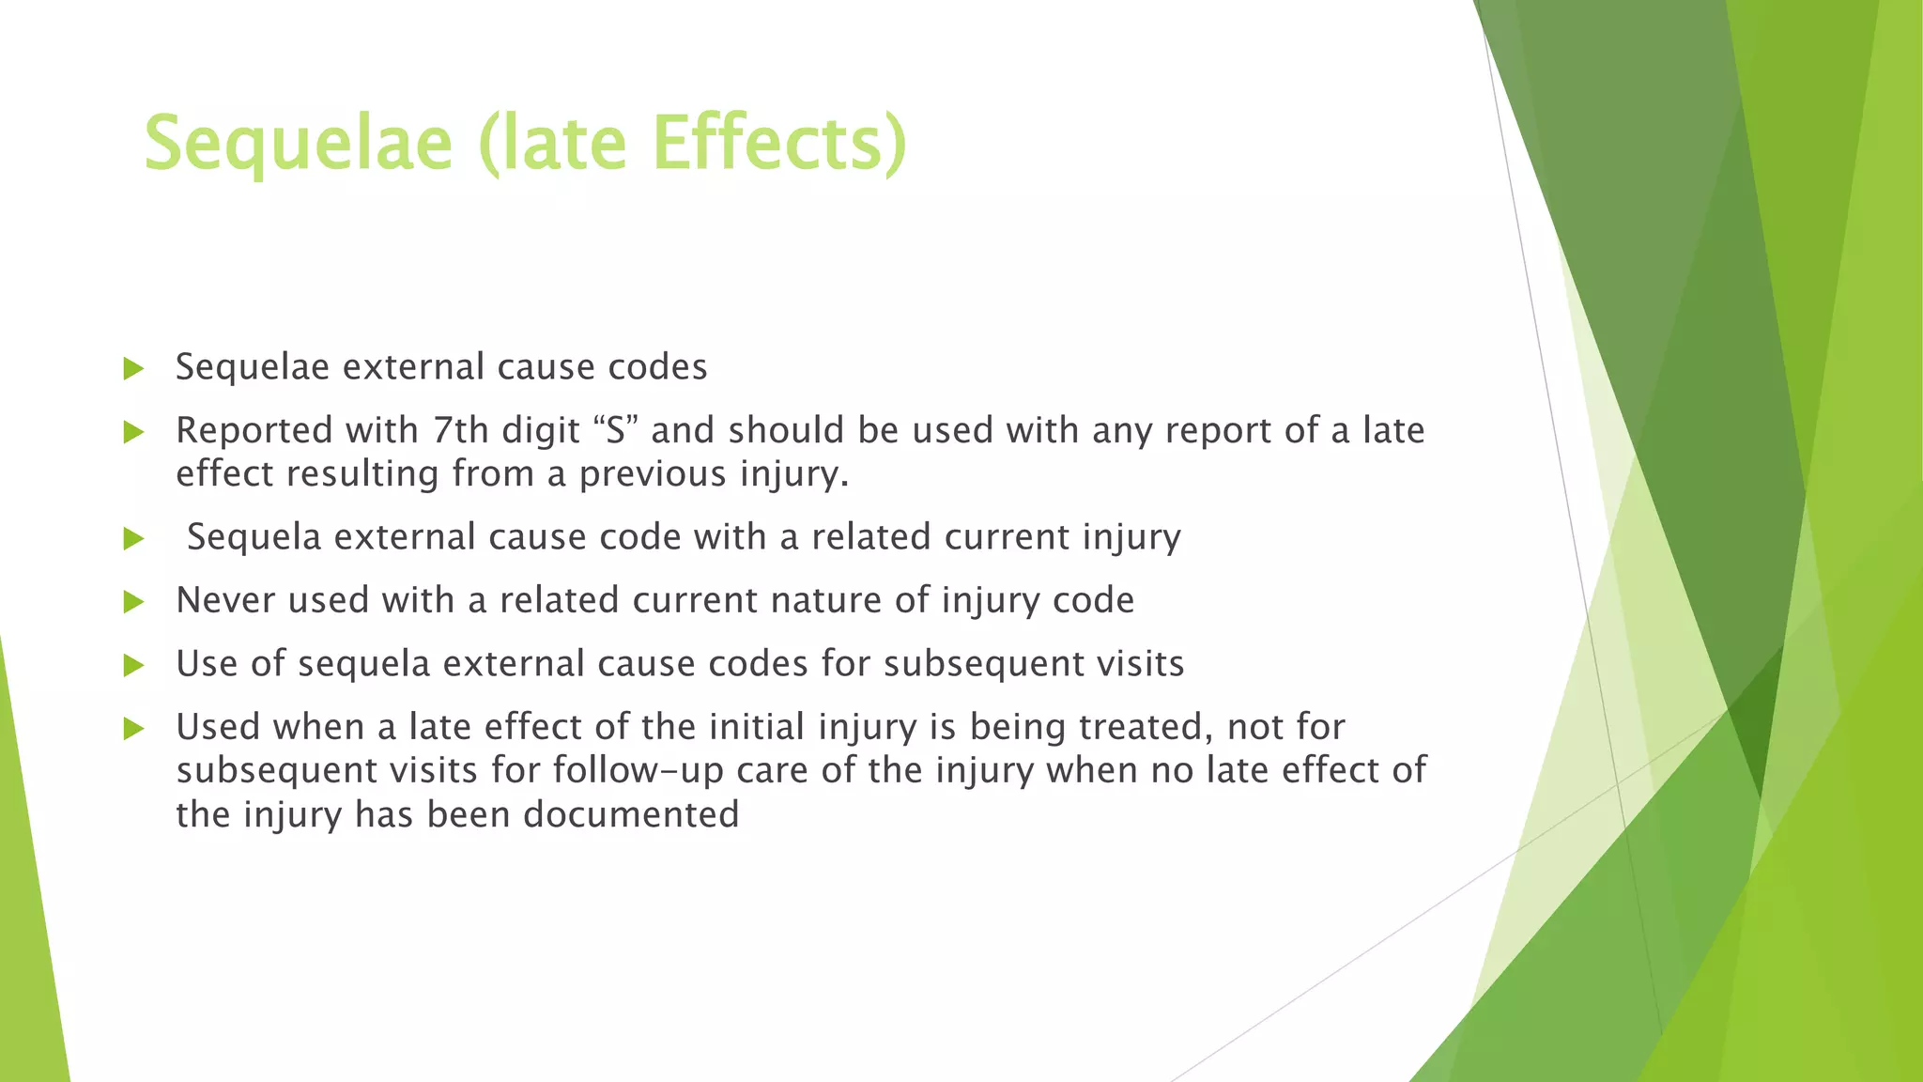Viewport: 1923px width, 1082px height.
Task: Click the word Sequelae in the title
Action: click(x=298, y=144)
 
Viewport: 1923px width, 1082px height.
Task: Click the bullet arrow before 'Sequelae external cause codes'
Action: click(x=133, y=368)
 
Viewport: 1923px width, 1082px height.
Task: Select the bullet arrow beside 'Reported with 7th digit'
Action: click(x=133, y=432)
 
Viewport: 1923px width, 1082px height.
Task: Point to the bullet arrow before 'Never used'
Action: click(x=133, y=602)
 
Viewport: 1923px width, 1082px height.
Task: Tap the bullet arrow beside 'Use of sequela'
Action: click(x=133, y=666)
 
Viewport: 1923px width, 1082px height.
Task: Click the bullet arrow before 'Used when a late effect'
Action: click(x=133, y=729)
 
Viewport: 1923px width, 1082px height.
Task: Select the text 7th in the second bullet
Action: click(x=461, y=430)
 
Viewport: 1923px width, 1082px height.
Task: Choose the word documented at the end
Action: click(x=631, y=814)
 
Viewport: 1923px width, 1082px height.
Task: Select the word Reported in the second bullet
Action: click(x=254, y=431)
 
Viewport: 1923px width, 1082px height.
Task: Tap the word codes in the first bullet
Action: click(x=657, y=367)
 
